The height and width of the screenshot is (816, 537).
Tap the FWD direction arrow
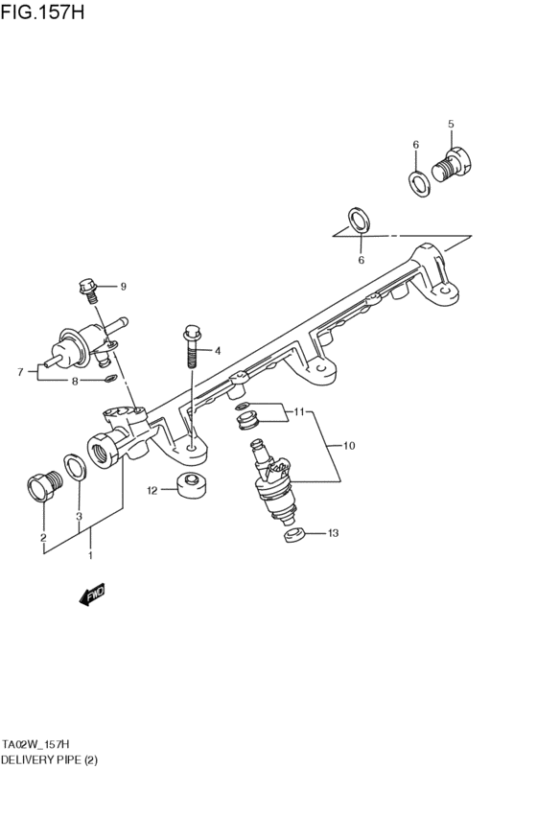(x=92, y=595)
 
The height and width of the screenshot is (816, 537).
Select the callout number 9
(x=123, y=287)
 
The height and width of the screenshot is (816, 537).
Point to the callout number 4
(x=218, y=351)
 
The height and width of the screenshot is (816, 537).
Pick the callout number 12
(x=152, y=490)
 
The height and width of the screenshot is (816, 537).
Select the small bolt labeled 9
(x=89, y=288)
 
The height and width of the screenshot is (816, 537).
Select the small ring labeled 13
(x=294, y=534)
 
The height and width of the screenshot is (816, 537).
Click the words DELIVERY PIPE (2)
(x=49, y=759)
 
